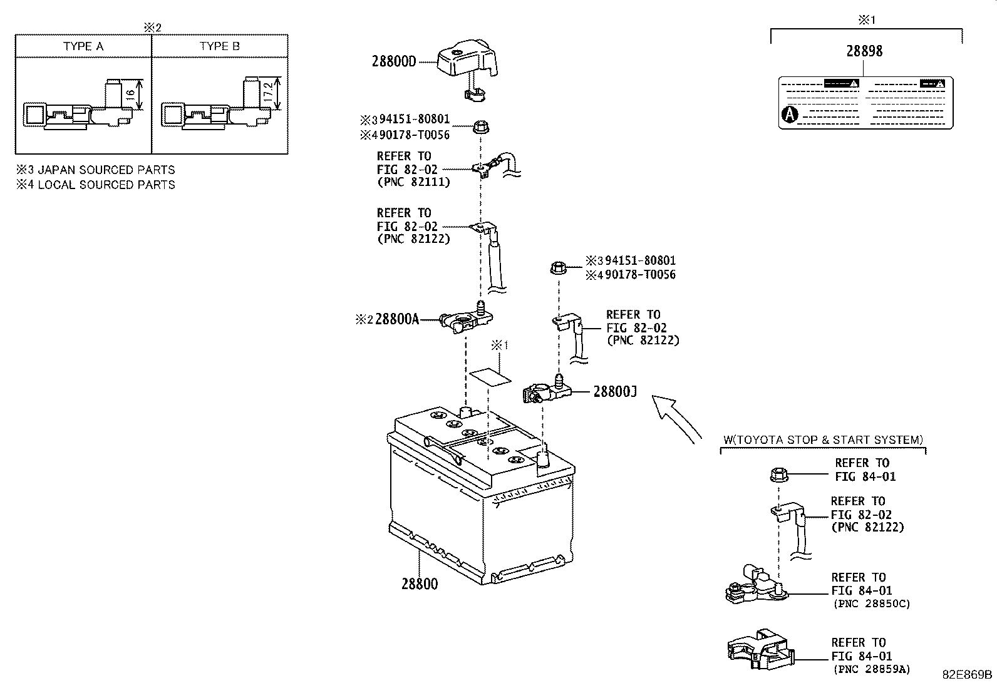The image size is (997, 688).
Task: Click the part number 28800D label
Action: click(393, 61)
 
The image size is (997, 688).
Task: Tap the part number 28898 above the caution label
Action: click(864, 51)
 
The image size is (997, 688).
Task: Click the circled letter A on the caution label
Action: click(790, 114)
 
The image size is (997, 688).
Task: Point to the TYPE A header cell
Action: click(83, 46)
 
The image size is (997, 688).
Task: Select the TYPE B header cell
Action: click(220, 46)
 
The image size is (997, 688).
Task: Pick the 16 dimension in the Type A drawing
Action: click(130, 94)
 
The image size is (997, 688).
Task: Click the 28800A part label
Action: click(396, 319)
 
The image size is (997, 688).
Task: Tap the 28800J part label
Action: click(614, 391)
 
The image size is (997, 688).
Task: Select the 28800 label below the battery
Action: click(420, 584)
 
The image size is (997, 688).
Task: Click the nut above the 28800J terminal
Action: click(558, 268)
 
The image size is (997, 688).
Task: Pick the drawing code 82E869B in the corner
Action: click(968, 674)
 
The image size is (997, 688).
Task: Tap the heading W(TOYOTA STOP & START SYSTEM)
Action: click(822, 440)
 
